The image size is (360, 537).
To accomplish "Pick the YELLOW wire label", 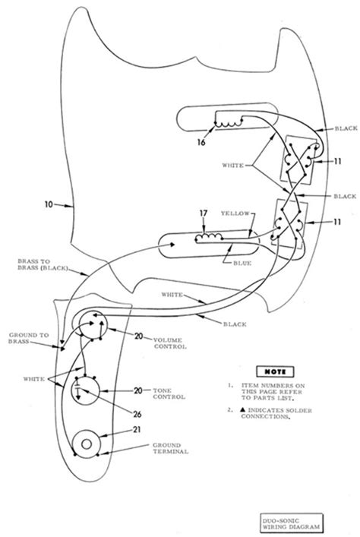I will click(x=233, y=213).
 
